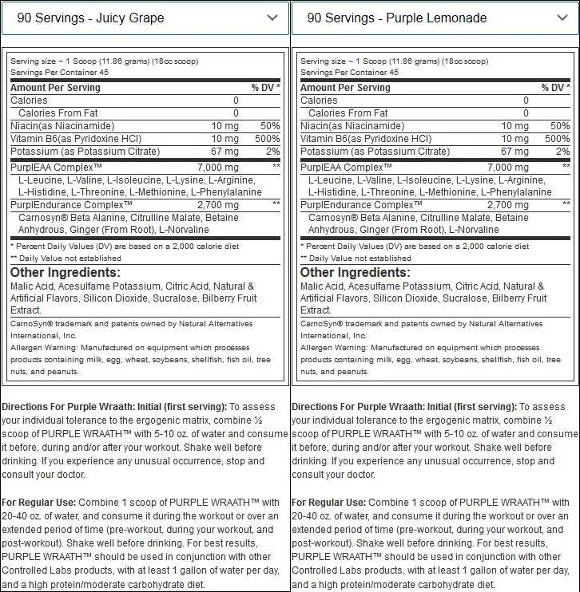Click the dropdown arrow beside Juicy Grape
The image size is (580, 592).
tap(272, 18)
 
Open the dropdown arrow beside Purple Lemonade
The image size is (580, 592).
tap(562, 18)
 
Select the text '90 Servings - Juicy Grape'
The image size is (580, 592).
tap(90, 18)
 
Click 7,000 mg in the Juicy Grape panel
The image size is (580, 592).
tap(217, 168)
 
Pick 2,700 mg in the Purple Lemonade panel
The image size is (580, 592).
tap(507, 205)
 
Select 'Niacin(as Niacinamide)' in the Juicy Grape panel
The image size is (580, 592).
tap(62, 126)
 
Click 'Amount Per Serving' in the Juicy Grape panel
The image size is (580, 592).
tap(55, 88)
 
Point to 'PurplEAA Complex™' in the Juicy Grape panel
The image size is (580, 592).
tap(56, 168)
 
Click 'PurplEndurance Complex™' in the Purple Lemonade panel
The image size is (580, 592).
tap(361, 205)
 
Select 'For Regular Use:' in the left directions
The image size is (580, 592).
tap(38, 502)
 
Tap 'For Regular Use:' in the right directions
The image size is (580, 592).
tap(328, 502)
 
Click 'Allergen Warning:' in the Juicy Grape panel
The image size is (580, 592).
tap(42, 348)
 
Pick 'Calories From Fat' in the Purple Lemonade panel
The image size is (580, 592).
tap(348, 113)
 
